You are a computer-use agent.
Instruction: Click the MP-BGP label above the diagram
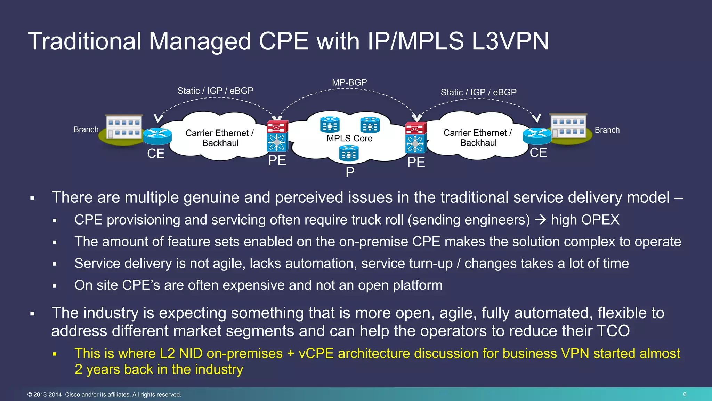(x=349, y=82)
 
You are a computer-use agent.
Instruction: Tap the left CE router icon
(x=157, y=136)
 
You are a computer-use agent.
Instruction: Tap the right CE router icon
(x=537, y=136)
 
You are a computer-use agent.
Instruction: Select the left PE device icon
(x=277, y=136)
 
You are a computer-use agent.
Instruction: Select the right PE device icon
(x=416, y=138)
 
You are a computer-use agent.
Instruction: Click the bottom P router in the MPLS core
(x=349, y=154)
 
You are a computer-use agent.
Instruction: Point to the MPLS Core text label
(x=349, y=139)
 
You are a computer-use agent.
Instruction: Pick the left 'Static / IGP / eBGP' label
(x=215, y=91)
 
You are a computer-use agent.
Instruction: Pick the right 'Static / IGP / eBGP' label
(x=478, y=93)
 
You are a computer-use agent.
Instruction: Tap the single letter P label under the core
(x=350, y=172)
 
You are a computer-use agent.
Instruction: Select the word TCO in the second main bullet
(x=613, y=331)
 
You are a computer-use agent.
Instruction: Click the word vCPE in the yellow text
(x=316, y=354)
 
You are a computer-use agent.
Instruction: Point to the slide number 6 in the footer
(x=685, y=394)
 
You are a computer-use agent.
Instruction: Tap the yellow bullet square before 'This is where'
(x=55, y=354)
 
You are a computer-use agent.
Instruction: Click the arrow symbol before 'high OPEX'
(x=540, y=220)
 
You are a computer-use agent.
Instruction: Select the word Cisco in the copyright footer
(x=72, y=395)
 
